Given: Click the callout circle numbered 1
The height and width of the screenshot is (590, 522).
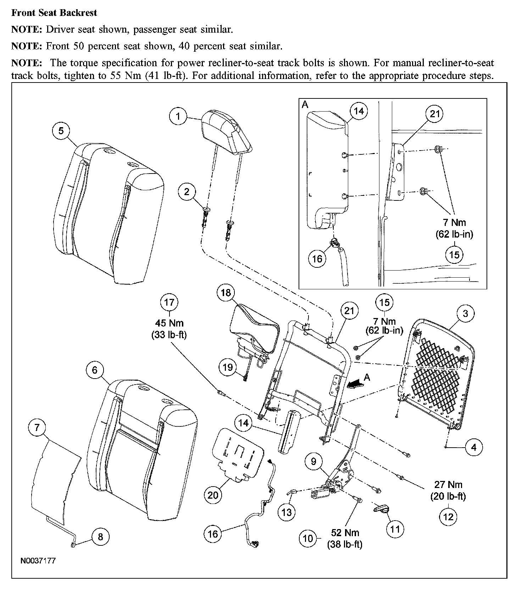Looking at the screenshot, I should click(178, 116).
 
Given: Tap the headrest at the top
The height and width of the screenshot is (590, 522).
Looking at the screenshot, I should click(226, 131).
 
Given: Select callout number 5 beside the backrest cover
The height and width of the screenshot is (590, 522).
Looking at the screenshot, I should click(61, 131).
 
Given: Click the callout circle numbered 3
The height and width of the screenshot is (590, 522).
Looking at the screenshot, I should click(465, 313).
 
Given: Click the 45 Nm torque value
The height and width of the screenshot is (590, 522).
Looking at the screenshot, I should click(169, 323).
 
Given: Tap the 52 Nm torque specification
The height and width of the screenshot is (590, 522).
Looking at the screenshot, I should click(345, 532).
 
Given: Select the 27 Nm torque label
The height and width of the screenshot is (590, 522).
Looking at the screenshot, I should click(448, 484).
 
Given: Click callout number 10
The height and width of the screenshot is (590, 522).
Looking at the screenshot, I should click(308, 538).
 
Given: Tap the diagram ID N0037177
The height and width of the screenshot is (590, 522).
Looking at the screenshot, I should click(38, 561).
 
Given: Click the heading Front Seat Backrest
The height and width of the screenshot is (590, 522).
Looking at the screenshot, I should click(54, 13).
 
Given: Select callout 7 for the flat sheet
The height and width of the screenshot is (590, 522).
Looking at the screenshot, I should click(37, 427).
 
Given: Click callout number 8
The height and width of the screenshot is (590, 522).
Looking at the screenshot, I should click(100, 537).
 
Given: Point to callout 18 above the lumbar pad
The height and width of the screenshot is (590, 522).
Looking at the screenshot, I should click(226, 293).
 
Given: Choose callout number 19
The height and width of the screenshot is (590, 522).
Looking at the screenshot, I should click(228, 367).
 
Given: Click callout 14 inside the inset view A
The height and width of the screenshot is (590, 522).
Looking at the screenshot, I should click(359, 111).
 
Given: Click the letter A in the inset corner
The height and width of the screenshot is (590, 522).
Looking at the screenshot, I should click(305, 105).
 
